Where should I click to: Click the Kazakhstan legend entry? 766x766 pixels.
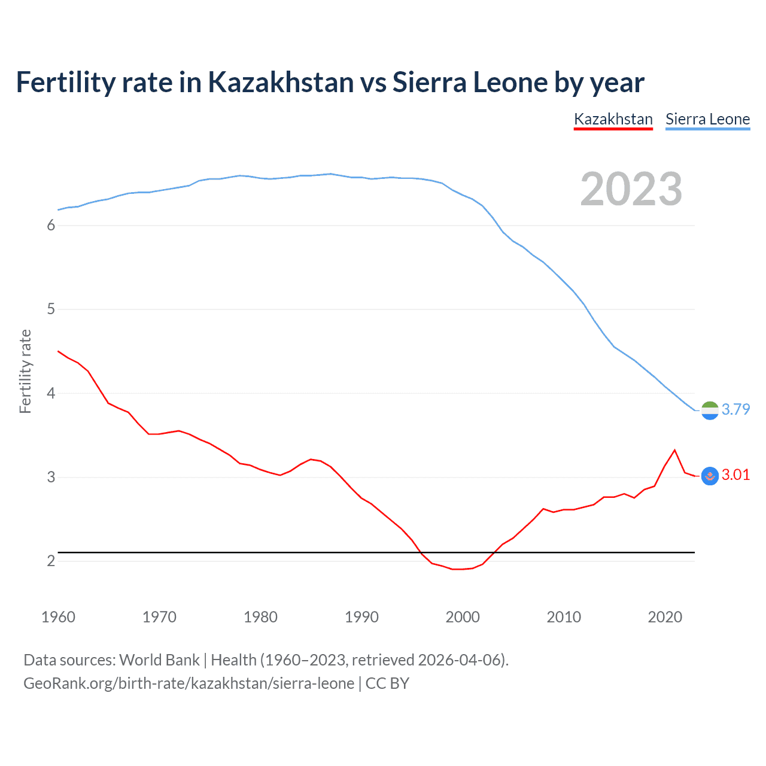click(x=613, y=119)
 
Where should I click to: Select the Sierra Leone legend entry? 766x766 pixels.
click(x=707, y=119)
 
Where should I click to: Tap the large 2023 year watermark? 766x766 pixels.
click(x=631, y=189)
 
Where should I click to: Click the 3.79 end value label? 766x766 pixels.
click(x=735, y=409)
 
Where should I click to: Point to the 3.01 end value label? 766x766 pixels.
click(x=735, y=475)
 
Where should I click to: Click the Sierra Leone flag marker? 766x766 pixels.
click(x=710, y=411)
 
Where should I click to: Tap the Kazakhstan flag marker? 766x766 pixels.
click(x=710, y=476)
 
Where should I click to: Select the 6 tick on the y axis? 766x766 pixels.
click(x=51, y=226)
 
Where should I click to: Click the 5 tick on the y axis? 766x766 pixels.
click(x=51, y=309)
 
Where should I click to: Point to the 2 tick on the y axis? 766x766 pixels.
click(x=51, y=561)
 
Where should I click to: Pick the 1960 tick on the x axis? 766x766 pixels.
click(x=58, y=617)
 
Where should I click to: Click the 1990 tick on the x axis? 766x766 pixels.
click(x=361, y=617)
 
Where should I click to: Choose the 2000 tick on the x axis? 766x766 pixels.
click(x=463, y=617)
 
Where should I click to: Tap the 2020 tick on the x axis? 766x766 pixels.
click(x=665, y=617)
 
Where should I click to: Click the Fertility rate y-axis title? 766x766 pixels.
click(x=25, y=371)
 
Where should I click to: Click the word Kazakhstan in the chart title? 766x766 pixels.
click(x=281, y=83)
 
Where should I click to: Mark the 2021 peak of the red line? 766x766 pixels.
click(x=674, y=450)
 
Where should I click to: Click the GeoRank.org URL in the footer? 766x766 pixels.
click(x=189, y=683)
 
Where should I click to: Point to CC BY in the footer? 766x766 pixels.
click(x=387, y=683)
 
